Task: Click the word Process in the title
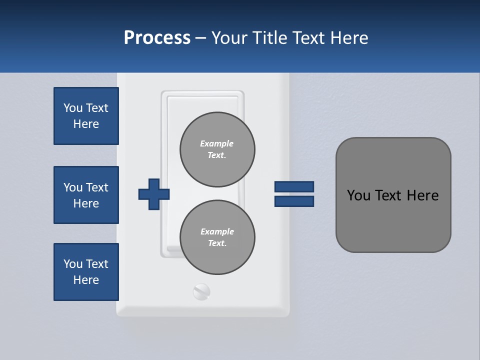pos(157,38)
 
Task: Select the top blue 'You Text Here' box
pos(86,116)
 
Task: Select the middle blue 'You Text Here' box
pos(86,195)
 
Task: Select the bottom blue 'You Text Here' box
pos(86,272)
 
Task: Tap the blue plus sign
pos(154,194)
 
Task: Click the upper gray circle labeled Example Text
pos(217,149)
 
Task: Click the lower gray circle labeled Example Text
pos(217,237)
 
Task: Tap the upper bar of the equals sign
pos(294,186)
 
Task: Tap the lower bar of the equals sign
pos(294,201)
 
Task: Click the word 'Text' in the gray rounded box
pos(388,195)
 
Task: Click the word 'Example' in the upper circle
pos(217,143)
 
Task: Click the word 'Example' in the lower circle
pos(217,231)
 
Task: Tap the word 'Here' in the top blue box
pos(86,124)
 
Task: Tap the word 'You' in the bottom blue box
pos(73,264)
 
